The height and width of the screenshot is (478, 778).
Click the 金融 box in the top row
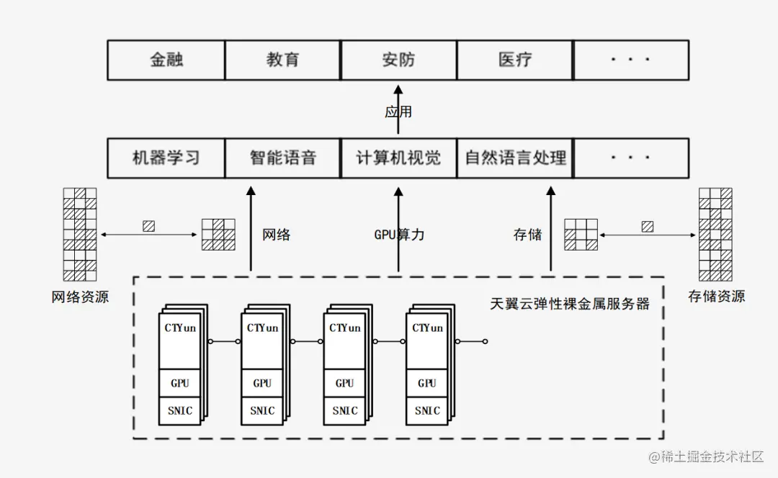coord(166,60)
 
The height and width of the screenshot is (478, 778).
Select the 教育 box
coord(282,60)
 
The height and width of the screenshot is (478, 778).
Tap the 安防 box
coord(398,60)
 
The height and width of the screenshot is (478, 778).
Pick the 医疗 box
coord(514,60)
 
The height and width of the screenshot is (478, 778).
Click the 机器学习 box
coord(166,158)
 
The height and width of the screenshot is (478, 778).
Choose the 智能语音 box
coord(282,158)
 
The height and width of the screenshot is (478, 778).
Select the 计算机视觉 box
coord(398,158)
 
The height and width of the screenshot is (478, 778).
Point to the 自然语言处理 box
coord(515,158)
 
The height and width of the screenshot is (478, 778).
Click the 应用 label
coord(398,112)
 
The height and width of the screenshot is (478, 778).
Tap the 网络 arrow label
coord(277,235)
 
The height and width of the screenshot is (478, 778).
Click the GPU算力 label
coord(399,235)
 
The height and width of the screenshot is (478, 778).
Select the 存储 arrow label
coord(527,235)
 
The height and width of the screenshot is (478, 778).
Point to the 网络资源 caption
coord(80,297)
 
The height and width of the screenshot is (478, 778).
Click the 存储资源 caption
coord(716,296)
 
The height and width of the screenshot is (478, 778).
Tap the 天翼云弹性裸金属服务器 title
coord(570,304)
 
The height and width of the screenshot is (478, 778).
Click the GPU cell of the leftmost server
coord(179,383)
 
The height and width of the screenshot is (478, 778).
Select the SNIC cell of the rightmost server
coord(427,411)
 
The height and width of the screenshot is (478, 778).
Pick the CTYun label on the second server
coord(262,328)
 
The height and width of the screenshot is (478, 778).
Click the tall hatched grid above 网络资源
coord(80,234)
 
